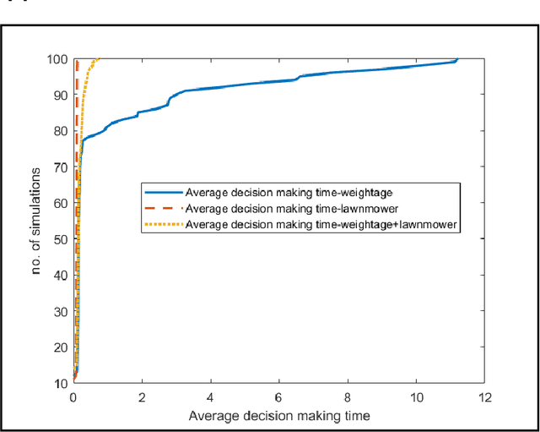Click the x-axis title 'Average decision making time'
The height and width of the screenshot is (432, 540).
[279, 416]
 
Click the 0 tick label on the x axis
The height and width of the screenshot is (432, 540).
[73, 396]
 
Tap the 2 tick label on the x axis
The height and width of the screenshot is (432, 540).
[142, 396]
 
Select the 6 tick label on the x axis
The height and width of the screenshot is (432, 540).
[279, 396]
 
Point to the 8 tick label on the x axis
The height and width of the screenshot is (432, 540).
[348, 396]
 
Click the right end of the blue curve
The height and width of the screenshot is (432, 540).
[457, 59]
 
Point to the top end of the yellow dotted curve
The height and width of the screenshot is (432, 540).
[100, 58]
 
